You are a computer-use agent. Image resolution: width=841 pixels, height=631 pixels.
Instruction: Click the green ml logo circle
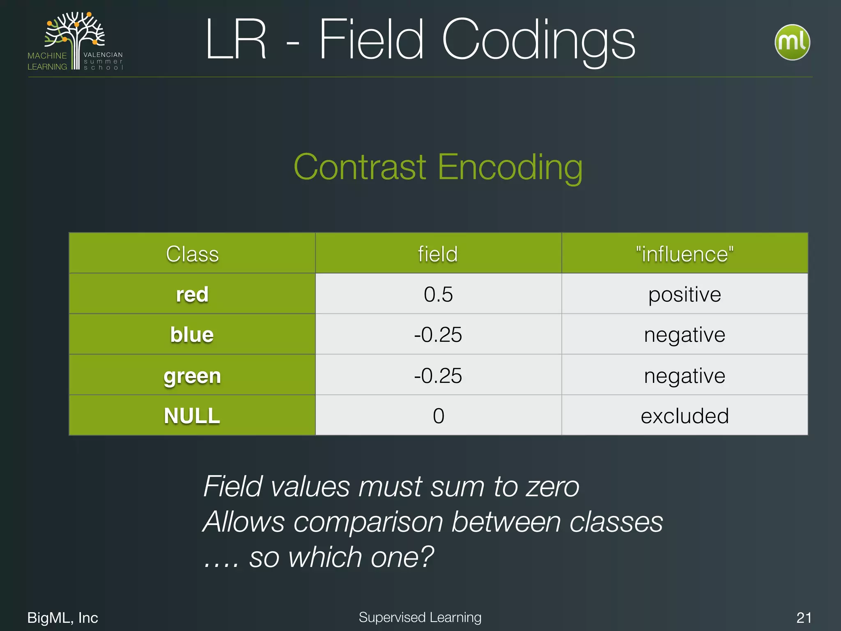[792, 42]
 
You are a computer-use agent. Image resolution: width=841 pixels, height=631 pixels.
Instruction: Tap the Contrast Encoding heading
[438, 167]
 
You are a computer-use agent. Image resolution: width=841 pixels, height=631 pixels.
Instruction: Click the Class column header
[192, 253]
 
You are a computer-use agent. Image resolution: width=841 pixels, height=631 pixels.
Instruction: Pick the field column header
[438, 253]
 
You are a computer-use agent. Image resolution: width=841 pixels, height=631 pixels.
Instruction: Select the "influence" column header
[685, 253]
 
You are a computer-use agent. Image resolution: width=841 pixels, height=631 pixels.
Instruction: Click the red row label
[192, 294]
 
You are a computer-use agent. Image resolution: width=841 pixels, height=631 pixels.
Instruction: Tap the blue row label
[192, 334]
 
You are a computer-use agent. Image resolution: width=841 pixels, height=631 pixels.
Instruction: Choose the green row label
[192, 375]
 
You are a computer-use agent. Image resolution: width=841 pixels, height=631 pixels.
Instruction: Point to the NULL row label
[192, 416]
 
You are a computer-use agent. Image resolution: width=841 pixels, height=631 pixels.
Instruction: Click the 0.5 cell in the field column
[438, 294]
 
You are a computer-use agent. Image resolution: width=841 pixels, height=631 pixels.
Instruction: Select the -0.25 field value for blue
[438, 334]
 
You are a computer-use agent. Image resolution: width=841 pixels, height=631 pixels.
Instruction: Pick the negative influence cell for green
[685, 375]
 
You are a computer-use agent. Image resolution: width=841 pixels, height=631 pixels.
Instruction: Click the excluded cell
[685, 416]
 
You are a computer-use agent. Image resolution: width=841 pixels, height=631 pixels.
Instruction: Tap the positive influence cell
[685, 294]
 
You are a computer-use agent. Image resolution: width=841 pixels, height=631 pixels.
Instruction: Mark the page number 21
[804, 617]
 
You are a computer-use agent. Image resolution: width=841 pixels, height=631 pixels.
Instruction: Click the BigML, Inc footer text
[62, 617]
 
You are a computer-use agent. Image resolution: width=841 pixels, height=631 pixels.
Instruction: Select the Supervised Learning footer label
[420, 617]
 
